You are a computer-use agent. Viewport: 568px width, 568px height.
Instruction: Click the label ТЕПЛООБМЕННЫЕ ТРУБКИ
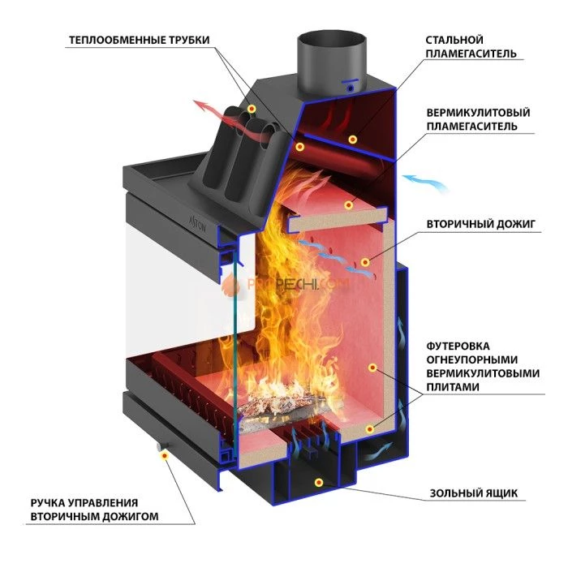(139, 40)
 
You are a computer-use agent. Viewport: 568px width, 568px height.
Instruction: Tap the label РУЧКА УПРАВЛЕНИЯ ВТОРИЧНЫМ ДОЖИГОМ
(94, 510)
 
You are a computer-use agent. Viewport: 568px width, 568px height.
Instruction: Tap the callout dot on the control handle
(166, 457)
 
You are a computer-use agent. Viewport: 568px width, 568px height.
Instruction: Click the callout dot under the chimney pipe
(353, 139)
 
